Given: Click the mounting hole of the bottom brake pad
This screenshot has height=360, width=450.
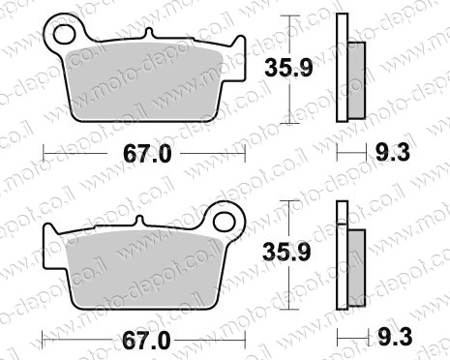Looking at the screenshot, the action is click(x=225, y=222).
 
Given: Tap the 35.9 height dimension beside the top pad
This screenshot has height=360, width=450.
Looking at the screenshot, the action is click(x=288, y=68).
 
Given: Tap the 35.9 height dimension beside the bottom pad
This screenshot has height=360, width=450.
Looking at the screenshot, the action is click(x=286, y=252).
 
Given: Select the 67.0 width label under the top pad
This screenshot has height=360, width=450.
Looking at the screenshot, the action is click(x=147, y=154).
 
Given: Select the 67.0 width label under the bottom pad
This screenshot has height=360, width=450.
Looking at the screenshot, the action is click(x=146, y=341).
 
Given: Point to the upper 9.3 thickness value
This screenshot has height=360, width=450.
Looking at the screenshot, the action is click(x=393, y=152).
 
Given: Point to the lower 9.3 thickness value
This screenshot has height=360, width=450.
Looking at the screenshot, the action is click(x=395, y=337).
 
